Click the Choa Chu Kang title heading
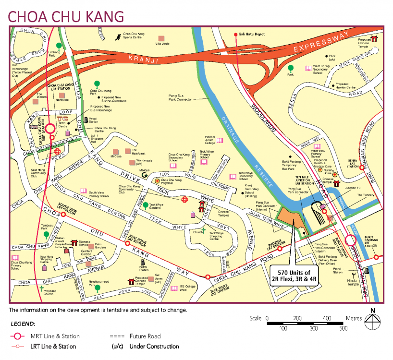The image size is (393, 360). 66,15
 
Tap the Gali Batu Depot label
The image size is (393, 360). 253,34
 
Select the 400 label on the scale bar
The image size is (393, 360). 327,318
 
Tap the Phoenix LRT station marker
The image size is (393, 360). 280,249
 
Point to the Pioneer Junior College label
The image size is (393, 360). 209,140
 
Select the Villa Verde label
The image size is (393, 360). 162,43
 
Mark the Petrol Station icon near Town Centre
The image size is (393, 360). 86,119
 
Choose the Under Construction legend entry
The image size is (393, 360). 145,346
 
